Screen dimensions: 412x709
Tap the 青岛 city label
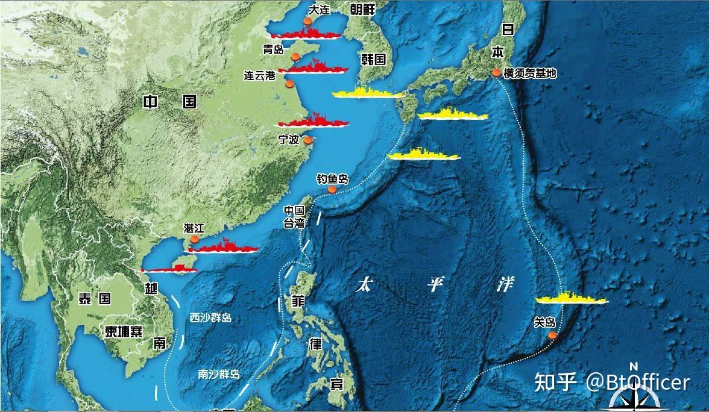click(x=273, y=49)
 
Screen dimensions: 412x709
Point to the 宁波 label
click(x=288, y=139)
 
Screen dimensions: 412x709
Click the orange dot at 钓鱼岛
click(x=332, y=189)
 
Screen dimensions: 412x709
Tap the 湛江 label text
click(x=194, y=228)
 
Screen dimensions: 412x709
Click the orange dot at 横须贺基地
click(x=496, y=72)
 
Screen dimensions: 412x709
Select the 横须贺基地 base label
click(x=530, y=73)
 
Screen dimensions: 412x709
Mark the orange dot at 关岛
click(x=552, y=334)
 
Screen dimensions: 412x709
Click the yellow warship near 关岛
click(x=572, y=299)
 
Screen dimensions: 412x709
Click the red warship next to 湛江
click(x=223, y=246)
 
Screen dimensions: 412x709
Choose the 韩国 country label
click(x=373, y=59)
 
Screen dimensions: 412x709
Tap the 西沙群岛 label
click(x=210, y=317)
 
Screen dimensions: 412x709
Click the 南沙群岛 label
click(x=219, y=374)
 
